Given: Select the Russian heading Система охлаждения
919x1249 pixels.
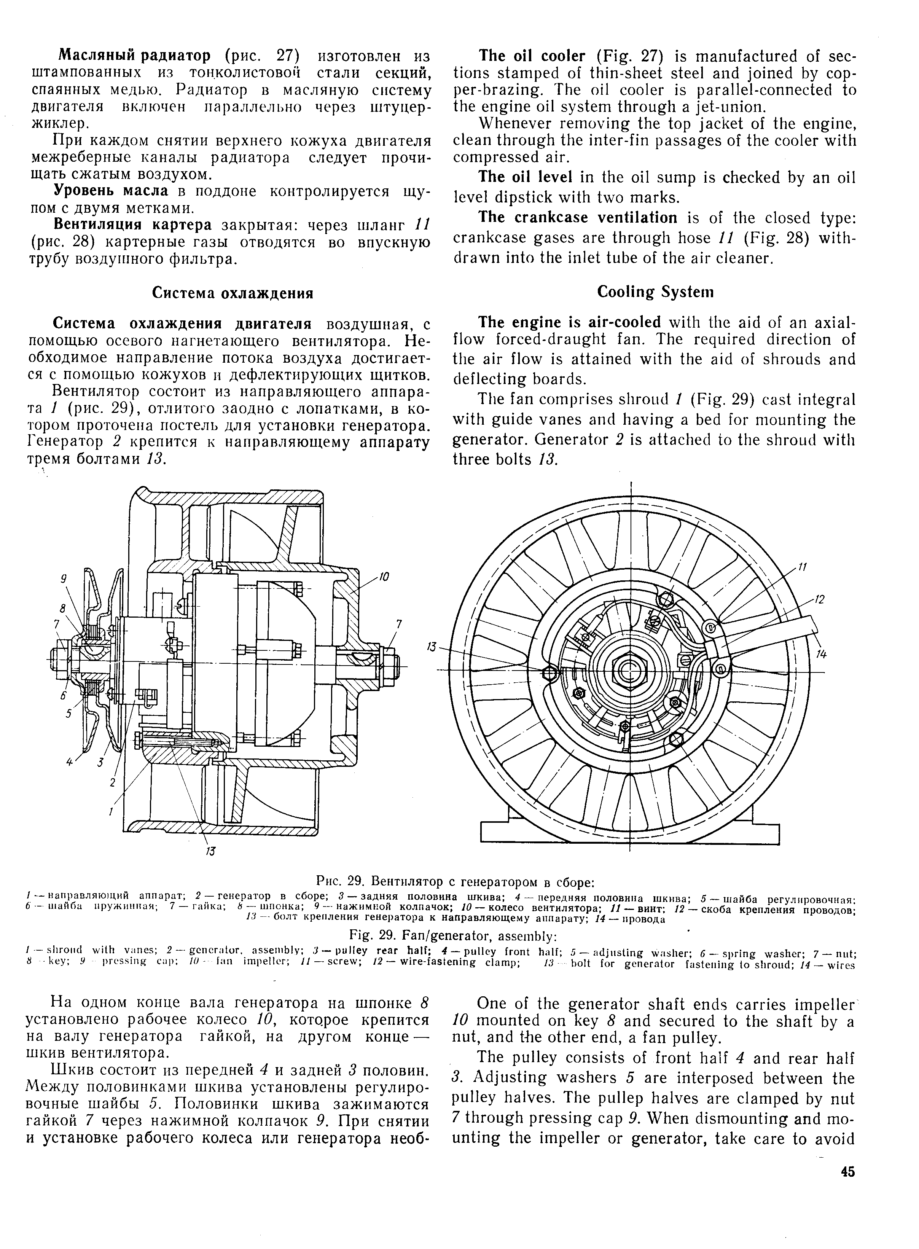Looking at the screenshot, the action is point(233,293).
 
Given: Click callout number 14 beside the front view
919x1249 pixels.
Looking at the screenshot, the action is point(821,655).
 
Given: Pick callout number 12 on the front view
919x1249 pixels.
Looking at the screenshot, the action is point(819,600).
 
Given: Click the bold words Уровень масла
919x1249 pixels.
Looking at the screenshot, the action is point(111,191).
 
